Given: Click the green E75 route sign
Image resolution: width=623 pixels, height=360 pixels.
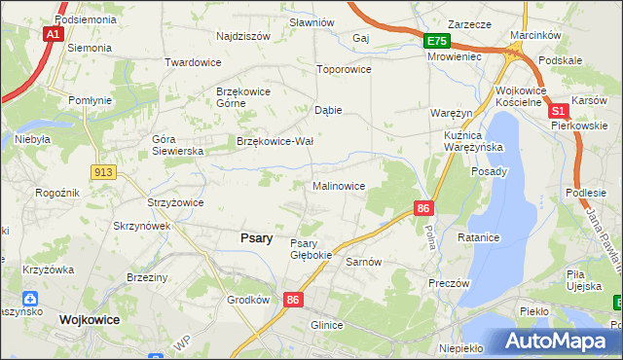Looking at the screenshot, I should (x=436, y=41).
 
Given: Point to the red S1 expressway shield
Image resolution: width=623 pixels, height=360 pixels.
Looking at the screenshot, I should (x=559, y=112).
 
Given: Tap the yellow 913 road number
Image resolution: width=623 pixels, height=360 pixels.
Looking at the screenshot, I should (x=104, y=171).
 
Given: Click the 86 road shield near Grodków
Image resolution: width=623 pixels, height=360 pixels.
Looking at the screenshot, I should (x=293, y=301).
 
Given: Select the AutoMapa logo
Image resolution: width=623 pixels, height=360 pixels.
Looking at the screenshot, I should (x=557, y=342).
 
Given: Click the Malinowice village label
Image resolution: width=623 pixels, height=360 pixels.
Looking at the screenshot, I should (x=338, y=185).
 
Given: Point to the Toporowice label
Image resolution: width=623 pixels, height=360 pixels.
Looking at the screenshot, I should (x=346, y=70).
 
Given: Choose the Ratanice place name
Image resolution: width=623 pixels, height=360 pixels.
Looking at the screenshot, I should (x=479, y=237).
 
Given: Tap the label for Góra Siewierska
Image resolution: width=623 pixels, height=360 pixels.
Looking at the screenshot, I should (x=176, y=145).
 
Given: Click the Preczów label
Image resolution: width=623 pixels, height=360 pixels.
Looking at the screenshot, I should (x=449, y=283).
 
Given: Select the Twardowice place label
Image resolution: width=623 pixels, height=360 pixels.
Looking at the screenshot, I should (x=192, y=62).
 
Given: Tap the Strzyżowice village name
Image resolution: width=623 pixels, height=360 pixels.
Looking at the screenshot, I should (x=174, y=202).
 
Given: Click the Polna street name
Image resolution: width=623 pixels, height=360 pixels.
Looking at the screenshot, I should (x=429, y=234).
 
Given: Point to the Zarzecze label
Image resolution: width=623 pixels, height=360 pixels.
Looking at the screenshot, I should (x=468, y=23).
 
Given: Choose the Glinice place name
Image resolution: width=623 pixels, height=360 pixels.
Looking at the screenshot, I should (x=327, y=325).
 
